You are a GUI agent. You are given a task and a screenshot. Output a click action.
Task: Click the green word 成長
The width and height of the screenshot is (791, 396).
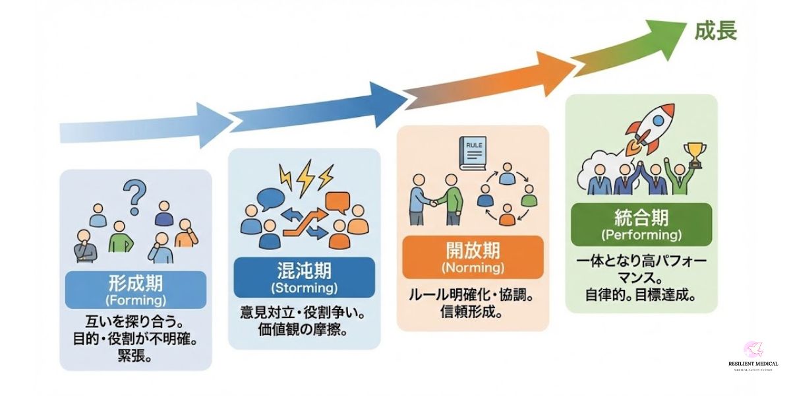click(715, 30)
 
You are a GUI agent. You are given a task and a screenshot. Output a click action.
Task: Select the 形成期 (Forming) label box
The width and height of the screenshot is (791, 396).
click(136, 290)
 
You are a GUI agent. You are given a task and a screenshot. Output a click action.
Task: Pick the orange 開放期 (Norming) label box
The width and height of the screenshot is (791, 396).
click(473, 257)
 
